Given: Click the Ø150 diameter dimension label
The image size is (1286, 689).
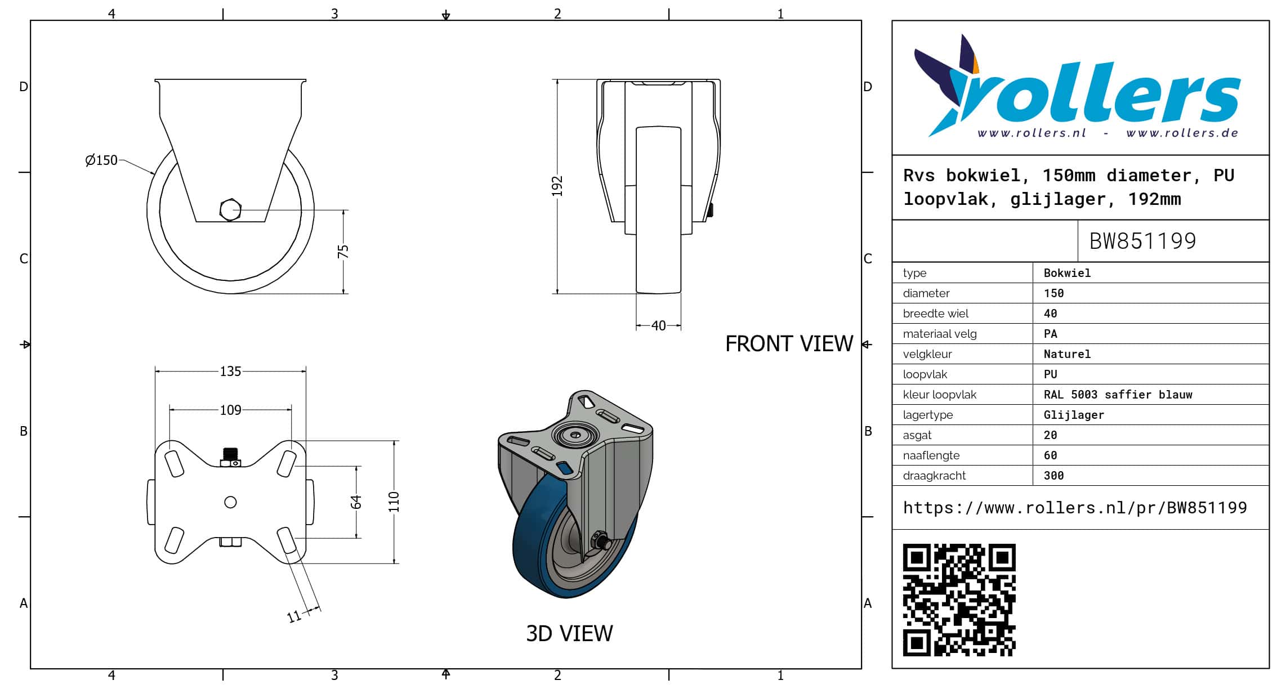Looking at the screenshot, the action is [101, 160].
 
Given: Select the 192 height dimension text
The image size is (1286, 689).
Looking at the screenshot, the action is [557, 186].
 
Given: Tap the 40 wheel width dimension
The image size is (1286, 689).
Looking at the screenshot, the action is [658, 325].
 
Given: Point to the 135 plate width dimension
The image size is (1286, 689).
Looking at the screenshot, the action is [230, 372].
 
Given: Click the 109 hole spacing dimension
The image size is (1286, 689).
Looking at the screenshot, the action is [230, 410].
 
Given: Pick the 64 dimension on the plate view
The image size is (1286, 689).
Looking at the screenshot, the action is [356, 502].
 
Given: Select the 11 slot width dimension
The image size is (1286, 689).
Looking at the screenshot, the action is [294, 617].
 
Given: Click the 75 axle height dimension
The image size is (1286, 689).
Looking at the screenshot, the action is [343, 251].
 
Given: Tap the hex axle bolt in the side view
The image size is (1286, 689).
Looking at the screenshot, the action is [230, 210].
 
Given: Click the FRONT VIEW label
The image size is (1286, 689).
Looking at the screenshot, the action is [789, 343].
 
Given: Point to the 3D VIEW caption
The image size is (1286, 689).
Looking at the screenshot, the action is [569, 633].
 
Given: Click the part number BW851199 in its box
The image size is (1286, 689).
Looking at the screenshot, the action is [1142, 241].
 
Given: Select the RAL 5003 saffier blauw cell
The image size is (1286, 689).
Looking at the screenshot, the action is [1118, 395].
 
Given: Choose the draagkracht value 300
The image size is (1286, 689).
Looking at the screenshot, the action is [1053, 476].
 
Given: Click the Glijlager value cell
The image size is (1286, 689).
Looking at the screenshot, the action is [1074, 415].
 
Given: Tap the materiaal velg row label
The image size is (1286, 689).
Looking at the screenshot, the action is [940, 334].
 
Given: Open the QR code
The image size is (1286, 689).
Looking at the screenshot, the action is [959, 599].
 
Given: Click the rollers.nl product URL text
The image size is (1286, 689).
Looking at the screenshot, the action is [1075, 508].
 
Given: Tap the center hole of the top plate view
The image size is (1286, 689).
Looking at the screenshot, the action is [230, 502].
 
